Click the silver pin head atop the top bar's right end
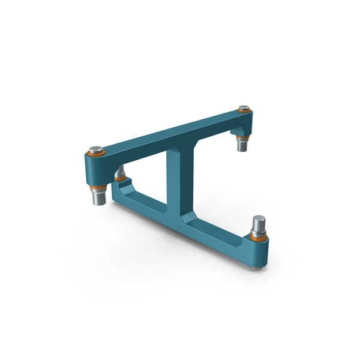[x=244, y=108]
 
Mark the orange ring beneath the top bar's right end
[x=242, y=139]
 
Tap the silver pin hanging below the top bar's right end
[x=242, y=145]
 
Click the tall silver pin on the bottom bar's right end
[x=259, y=225]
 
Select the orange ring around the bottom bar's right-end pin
[x=259, y=238]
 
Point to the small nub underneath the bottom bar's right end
[x=257, y=265]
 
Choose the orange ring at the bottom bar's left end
[x=120, y=179]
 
